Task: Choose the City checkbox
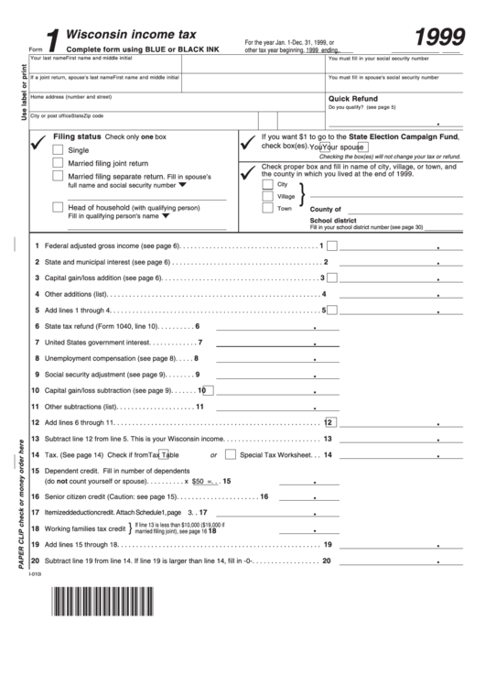(267, 183)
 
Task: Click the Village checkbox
(267, 195)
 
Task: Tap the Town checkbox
(267, 208)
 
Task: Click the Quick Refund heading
(352, 98)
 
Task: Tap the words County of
(326, 209)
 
